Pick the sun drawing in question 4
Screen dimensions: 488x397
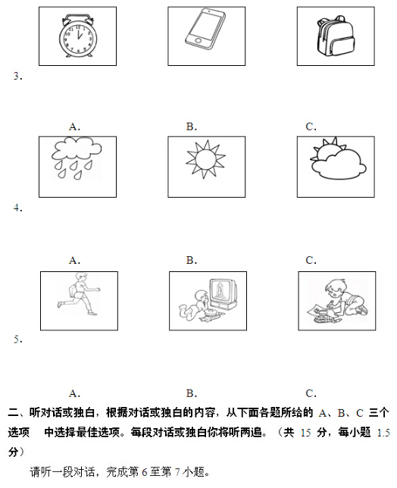click(204, 161)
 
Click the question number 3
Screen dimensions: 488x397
click(17, 76)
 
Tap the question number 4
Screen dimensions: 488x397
click(17, 208)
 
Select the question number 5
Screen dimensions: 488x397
click(17, 339)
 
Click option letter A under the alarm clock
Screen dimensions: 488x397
click(74, 127)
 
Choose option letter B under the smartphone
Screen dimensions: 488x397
click(192, 127)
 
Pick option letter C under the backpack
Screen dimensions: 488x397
click(311, 127)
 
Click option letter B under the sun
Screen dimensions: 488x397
click(192, 260)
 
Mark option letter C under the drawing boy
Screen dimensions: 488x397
click(311, 393)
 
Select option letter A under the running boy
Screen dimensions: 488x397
click(74, 393)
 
